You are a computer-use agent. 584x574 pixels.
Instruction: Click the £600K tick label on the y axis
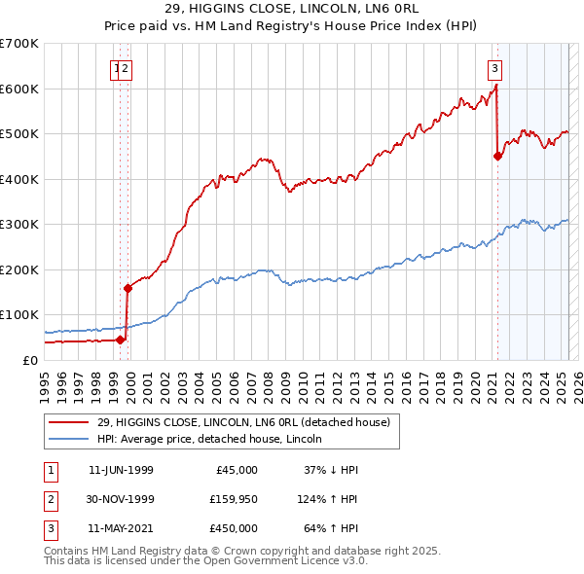(x=19, y=89)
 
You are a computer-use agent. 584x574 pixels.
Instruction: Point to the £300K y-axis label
(x=19, y=224)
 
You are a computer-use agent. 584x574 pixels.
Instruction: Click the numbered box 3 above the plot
(x=495, y=68)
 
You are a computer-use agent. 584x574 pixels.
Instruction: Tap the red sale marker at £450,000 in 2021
(x=497, y=156)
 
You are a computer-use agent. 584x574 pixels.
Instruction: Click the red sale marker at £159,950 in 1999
(x=128, y=288)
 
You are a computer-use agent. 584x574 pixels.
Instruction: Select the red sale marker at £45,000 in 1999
(x=121, y=340)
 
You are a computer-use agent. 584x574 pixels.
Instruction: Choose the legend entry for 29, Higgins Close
(x=243, y=422)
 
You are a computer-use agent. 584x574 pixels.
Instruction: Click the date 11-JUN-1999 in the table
(x=121, y=470)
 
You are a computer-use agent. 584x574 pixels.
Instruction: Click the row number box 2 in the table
(x=50, y=499)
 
